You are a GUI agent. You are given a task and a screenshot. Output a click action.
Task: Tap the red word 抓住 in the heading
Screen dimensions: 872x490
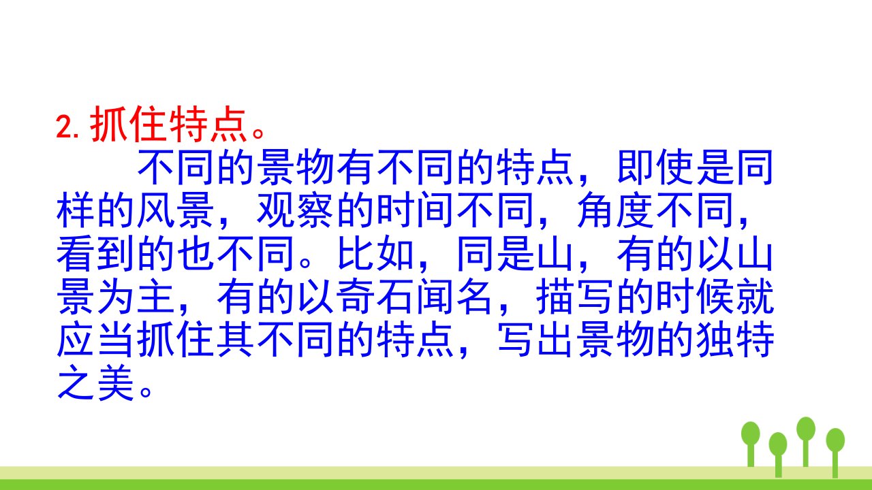click(x=128, y=124)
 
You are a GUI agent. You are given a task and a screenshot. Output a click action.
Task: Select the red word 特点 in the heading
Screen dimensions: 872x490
click(x=208, y=124)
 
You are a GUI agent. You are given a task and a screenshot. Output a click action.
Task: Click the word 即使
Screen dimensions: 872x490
click(x=655, y=168)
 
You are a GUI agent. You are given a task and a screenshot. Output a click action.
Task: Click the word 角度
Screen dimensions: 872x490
click(x=615, y=210)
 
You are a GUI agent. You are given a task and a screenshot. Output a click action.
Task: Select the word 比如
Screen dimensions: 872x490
click(x=375, y=254)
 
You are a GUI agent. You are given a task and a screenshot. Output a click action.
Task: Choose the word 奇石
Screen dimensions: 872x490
click(x=375, y=296)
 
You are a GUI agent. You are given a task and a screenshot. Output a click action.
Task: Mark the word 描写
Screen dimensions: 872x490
click(x=576, y=296)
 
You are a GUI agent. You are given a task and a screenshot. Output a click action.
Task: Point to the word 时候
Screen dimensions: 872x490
click(x=695, y=296)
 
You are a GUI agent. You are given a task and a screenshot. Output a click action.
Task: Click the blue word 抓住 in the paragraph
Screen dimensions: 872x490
click(x=175, y=340)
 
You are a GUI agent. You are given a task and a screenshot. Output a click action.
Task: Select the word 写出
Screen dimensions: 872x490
click(x=535, y=340)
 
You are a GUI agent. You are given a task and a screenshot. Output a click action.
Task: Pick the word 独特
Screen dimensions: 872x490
click(x=735, y=340)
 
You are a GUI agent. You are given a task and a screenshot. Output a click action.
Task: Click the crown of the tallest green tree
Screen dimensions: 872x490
click(x=806, y=429)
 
